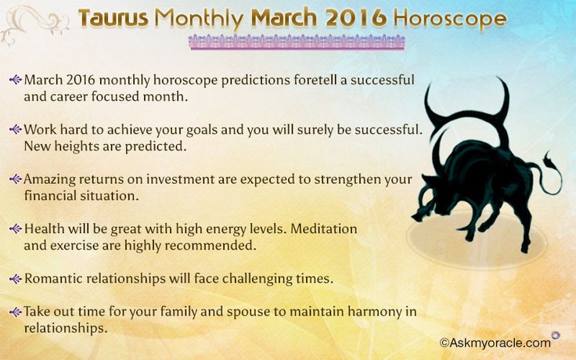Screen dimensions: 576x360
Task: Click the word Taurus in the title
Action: click(x=113, y=18)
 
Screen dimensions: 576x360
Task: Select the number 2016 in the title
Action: click(x=356, y=18)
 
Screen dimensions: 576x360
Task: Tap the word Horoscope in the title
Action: click(x=450, y=19)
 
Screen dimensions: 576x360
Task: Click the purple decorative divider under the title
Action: click(x=297, y=42)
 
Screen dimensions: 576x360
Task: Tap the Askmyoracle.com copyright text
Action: click(x=495, y=343)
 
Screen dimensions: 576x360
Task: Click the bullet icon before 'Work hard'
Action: click(x=16, y=129)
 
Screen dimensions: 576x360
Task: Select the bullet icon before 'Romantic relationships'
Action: click(x=16, y=279)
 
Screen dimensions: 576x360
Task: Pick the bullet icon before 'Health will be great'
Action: click(x=16, y=229)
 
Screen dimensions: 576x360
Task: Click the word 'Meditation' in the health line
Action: click(x=324, y=229)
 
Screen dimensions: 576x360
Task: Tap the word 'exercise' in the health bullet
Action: click(x=74, y=246)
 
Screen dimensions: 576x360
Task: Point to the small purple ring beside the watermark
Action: click(x=556, y=335)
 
